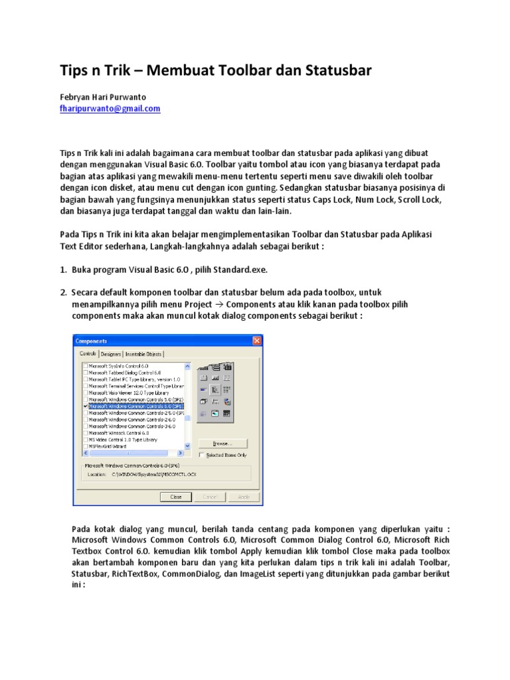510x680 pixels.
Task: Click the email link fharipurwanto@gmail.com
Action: tap(110, 108)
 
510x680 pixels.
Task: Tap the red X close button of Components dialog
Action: tap(257, 341)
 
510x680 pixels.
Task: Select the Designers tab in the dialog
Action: tap(111, 354)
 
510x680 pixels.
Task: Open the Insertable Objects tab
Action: tap(144, 354)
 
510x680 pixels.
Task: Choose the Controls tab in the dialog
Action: tap(88, 354)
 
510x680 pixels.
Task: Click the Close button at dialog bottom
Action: tap(176, 496)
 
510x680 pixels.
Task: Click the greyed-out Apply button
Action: tap(243, 496)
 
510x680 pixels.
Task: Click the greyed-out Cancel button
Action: tap(209, 496)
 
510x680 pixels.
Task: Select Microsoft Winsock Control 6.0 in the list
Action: tap(119, 432)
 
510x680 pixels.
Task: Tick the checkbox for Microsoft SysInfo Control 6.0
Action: tap(84, 366)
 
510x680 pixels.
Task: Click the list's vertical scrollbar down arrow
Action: tap(187, 446)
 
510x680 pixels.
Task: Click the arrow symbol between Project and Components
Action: tap(218, 304)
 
